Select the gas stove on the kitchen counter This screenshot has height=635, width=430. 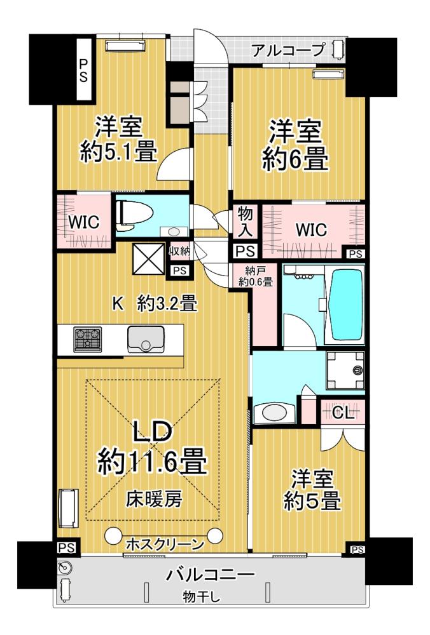87,339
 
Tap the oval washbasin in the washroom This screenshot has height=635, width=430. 274,413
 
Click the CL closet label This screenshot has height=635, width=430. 343,413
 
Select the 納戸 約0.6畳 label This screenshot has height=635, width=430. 256,276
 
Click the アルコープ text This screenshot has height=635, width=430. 288,50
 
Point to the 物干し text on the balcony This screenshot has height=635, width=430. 201,596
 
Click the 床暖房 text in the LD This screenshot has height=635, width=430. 154,499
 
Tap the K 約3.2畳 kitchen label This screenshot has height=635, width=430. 155,303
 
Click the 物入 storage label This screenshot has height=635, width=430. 246,222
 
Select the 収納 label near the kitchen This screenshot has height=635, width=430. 179,251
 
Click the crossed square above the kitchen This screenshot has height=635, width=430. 148,259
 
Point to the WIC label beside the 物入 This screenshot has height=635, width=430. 311,230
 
